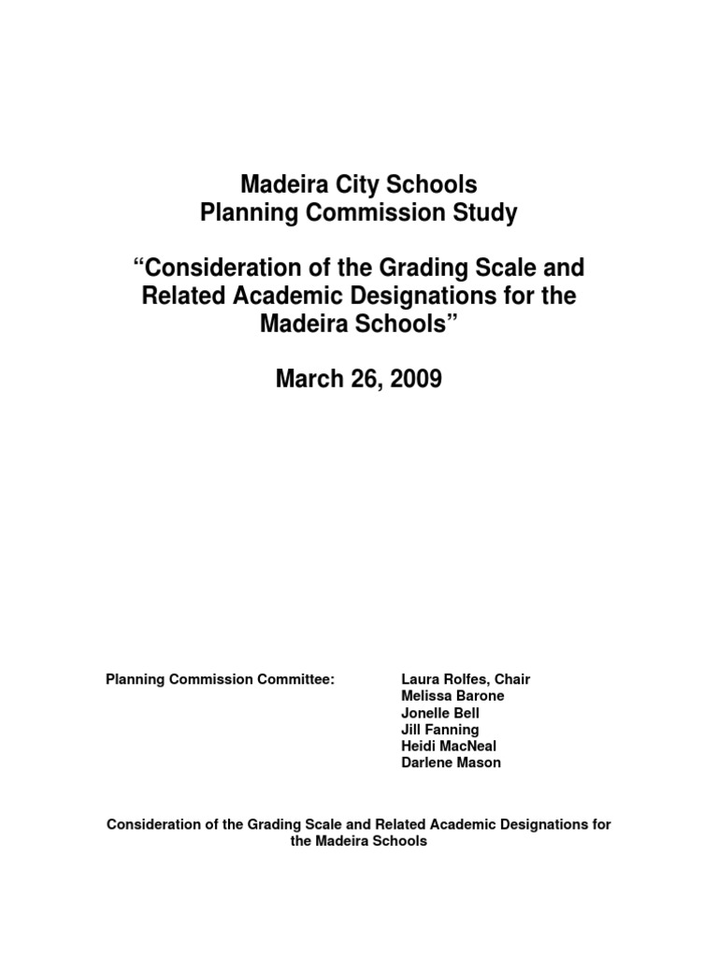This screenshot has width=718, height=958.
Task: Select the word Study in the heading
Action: pos(487,213)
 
